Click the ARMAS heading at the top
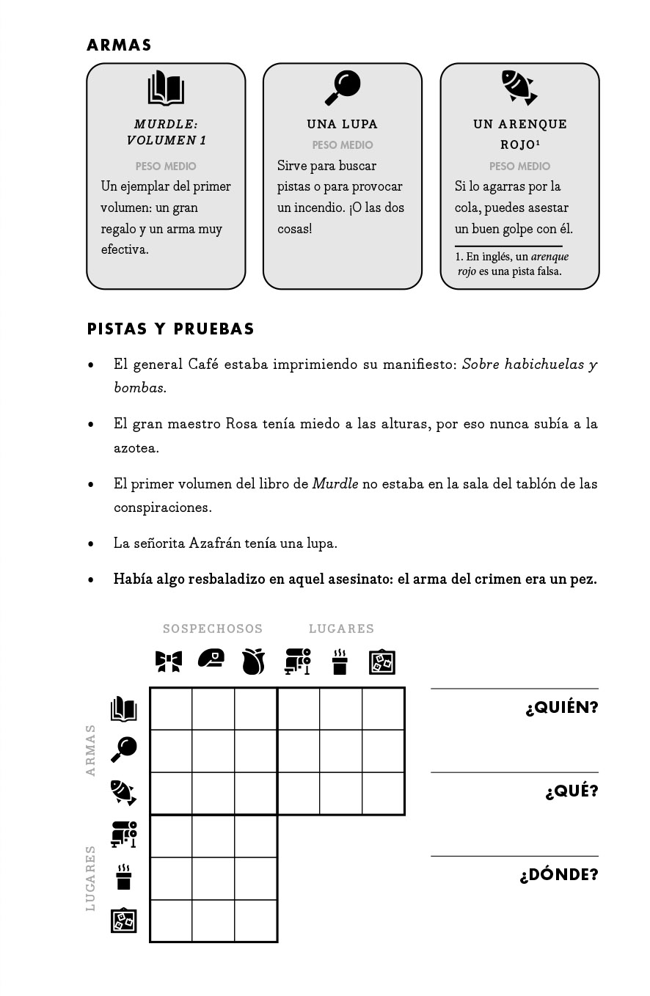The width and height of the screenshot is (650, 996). pos(119,45)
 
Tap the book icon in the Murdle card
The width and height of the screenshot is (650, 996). pos(166,88)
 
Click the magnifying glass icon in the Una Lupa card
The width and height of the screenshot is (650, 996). pos(343,88)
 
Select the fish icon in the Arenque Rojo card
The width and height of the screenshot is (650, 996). pos(519,88)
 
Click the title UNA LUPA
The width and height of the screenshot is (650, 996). pos(343,124)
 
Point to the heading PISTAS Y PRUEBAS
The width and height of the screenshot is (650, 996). pos(171,329)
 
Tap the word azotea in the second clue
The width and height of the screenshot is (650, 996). pos(136,447)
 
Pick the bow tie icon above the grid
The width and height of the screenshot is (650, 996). pos(169,662)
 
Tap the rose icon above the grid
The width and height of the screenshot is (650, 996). pos(254,662)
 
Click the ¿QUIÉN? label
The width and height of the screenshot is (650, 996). pos(562,708)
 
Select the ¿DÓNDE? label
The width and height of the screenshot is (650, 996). pos(559,875)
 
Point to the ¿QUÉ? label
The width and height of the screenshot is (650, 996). pos(572,791)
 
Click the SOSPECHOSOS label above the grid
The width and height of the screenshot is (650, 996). pos(213,629)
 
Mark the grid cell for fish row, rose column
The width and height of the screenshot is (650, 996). pos(256,794)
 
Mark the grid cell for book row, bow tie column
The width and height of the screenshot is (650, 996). pos(171,708)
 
